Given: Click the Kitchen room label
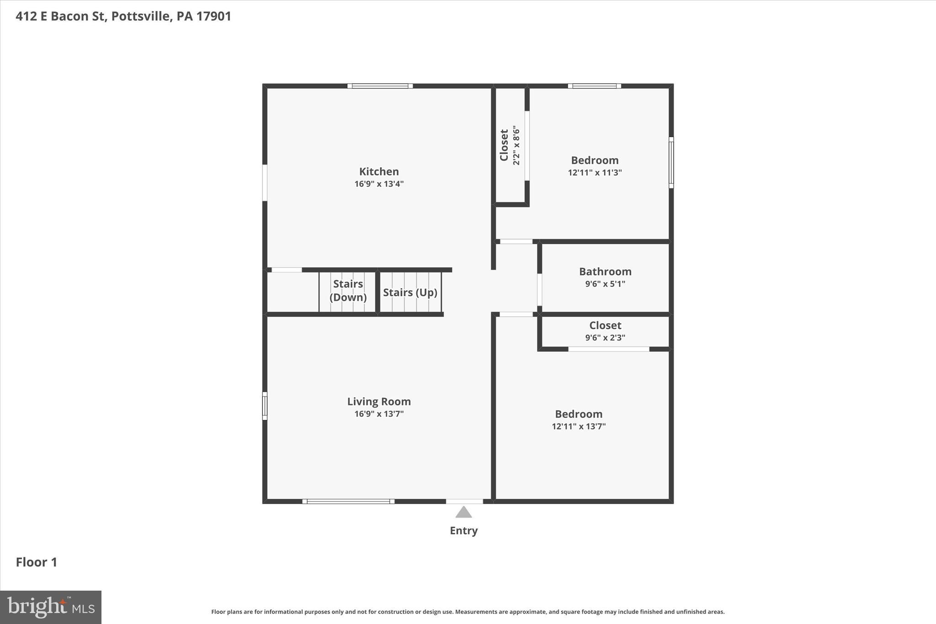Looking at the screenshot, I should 379,171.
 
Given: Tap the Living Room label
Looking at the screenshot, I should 379,401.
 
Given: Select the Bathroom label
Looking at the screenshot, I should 605,272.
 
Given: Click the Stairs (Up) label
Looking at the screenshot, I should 410,293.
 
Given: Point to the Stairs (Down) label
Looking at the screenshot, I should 348,291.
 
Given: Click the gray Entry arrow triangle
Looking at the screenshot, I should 463,512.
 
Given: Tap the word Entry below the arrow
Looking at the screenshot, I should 463,530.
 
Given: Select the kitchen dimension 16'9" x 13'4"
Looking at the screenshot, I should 379,184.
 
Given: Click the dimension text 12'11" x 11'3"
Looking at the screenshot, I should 595,172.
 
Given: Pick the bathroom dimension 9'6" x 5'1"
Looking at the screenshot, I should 605,283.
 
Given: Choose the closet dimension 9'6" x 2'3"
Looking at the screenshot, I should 605,337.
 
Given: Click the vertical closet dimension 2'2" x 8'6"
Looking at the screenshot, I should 516,145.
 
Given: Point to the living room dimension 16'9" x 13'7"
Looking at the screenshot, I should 379,414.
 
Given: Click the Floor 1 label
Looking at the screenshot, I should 37,562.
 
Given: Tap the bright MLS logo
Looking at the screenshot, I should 51,607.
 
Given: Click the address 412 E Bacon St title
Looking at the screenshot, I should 123,16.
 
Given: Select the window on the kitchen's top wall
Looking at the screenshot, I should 380,86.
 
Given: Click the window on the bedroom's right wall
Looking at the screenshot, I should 671,162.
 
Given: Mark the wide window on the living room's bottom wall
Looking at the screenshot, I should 348,501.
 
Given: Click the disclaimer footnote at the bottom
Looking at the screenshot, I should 468,612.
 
